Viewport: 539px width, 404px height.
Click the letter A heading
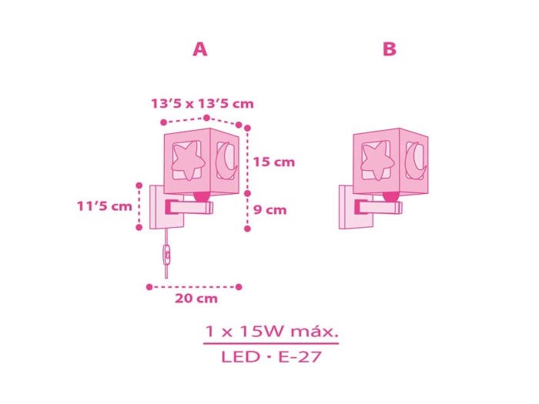(x=199, y=49)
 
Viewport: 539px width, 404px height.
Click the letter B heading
(x=390, y=49)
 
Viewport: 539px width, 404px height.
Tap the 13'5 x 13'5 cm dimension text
(x=202, y=103)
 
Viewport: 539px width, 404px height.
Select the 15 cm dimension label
(x=274, y=162)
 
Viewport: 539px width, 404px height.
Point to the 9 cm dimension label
(x=269, y=209)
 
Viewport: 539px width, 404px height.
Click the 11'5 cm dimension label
(x=104, y=206)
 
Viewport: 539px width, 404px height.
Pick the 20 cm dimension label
(x=196, y=299)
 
